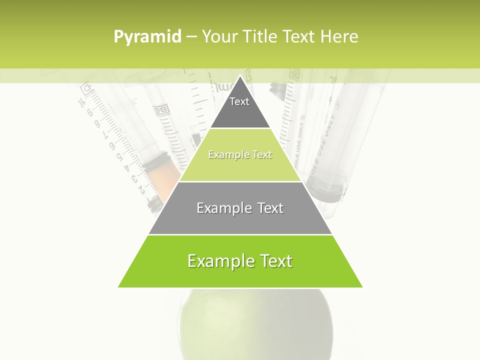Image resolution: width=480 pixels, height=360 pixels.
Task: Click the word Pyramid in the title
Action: [x=147, y=37]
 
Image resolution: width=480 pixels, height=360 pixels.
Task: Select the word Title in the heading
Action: [x=261, y=36]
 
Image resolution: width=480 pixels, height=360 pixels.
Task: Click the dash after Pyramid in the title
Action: [x=191, y=37]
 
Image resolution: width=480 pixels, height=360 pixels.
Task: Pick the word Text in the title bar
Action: [x=300, y=36]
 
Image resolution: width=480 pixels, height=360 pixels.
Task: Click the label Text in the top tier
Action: [x=239, y=101]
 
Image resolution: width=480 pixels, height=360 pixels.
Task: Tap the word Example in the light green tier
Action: [x=227, y=155]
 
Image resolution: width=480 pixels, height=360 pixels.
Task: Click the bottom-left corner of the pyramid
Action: [x=118, y=287]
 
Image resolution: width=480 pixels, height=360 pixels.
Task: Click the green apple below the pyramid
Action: [x=255, y=325]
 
